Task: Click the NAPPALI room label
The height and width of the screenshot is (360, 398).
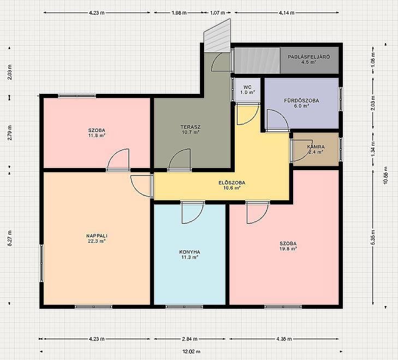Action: (x=97, y=238)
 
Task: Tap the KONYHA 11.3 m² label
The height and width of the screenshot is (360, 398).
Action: (x=189, y=255)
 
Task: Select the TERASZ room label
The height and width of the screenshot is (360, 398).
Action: (x=191, y=130)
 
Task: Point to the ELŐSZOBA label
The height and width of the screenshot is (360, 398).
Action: (x=231, y=185)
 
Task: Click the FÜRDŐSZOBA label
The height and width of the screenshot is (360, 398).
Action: (x=301, y=103)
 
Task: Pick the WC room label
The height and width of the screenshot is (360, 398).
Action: (x=247, y=90)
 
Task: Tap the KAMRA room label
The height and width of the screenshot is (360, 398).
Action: (x=316, y=149)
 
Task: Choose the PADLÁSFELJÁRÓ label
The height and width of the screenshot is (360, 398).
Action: (x=308, y=59)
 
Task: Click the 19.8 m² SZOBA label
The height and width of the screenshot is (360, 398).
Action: (x=288, y=246)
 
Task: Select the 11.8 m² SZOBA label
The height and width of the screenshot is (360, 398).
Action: (x=97, y=133)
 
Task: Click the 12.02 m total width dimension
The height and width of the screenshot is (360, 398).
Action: (x=192, y=352)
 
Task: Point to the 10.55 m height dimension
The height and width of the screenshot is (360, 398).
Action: (x=386, y=175)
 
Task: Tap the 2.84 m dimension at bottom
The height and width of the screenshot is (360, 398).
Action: (x=189, y=339)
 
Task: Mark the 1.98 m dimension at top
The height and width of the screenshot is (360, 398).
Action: (x=179, y=13)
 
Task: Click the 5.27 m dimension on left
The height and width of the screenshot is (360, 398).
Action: (x=10, y=238)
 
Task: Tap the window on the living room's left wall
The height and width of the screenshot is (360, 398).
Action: (x=41, y=263)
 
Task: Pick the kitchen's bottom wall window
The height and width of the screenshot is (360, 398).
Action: (x=185, y=307)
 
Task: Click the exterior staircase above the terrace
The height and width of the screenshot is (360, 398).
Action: (x=218, y=36)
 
